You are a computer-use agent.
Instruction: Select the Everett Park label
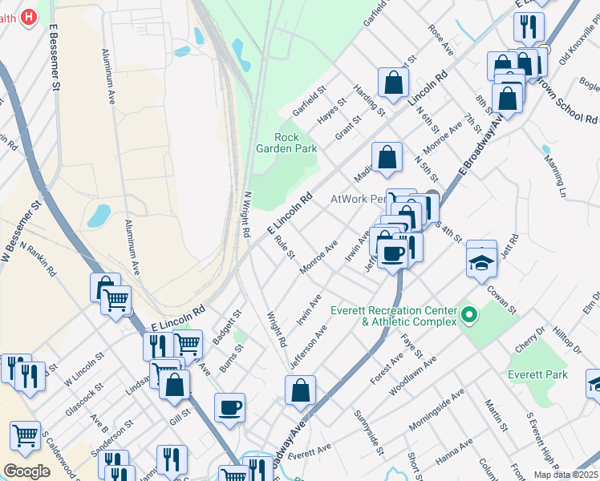pos(537,374)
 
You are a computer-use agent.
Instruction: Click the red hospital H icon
pos(29,16)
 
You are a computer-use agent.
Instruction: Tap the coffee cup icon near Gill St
pos(229,406)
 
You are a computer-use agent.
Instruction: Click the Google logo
pos(26,471)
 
